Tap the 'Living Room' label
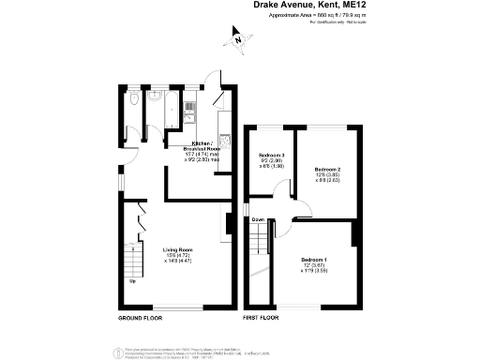point(177,250)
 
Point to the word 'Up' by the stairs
point(131,282)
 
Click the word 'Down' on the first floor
point(258,220)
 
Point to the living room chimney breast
point(228,222)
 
